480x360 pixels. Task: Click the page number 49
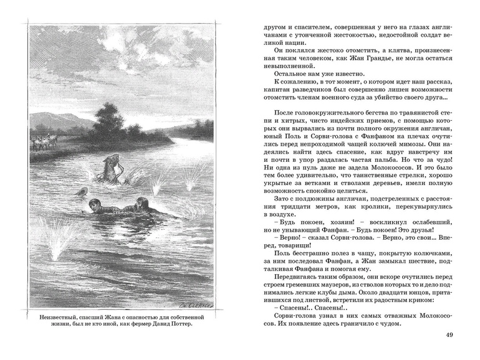(x=449, y=336)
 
